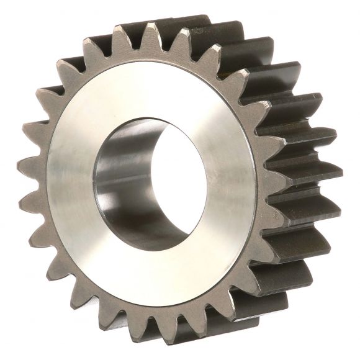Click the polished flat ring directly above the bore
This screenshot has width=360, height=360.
(x=155, y=93)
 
